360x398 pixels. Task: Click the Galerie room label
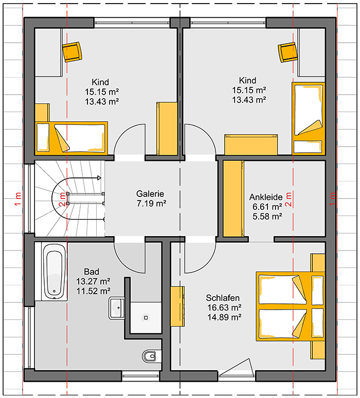150,194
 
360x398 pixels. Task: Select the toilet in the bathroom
149,356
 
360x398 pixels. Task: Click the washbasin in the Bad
117,308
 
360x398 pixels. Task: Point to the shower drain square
146,318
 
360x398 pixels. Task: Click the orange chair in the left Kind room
73,52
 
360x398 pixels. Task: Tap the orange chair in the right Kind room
287,52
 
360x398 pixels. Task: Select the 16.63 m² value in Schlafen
224,307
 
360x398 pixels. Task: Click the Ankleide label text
266,197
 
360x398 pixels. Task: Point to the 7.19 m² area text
152,204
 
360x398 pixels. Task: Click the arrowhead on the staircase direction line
99,178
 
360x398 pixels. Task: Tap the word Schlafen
223,298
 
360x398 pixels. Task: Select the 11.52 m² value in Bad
94,291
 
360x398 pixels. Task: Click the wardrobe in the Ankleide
233,199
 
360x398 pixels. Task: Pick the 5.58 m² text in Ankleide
267,216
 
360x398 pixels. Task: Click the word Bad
92,272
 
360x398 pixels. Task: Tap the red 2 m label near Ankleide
289,199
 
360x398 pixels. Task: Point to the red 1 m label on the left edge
18,199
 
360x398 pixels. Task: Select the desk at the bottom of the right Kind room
251,144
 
